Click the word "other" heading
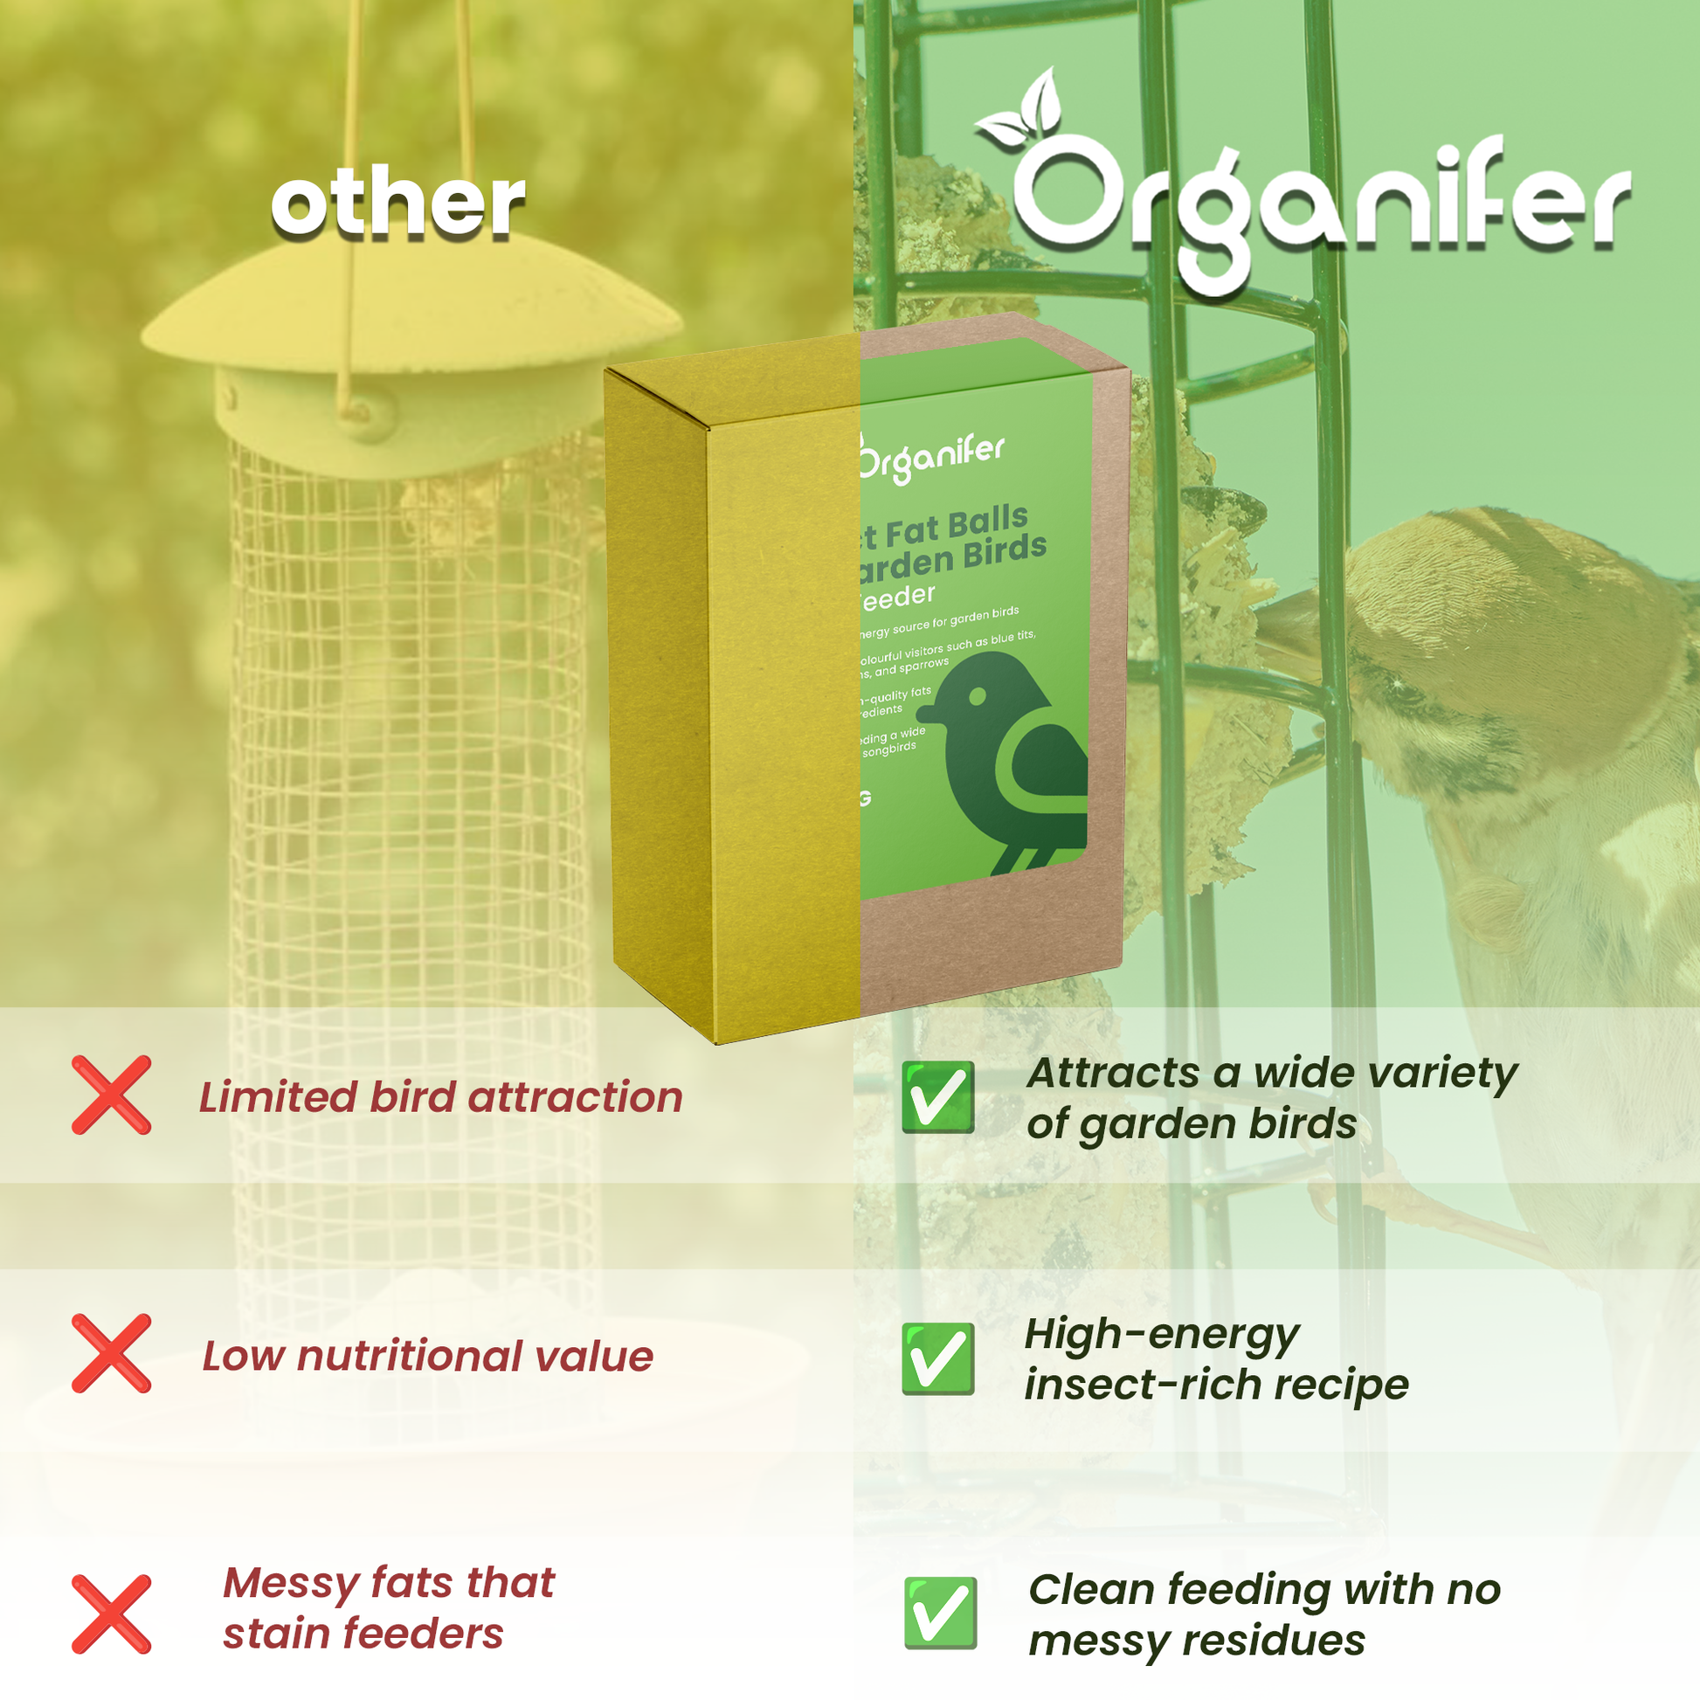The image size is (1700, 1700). (x=397, y=204)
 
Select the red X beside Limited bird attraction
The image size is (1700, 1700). (x=112, y=1095)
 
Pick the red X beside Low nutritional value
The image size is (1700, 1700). (x=112, y=1354)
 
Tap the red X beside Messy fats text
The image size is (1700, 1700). (x=112, y=1614)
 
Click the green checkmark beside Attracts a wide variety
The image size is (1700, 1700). (x=938, y=1096)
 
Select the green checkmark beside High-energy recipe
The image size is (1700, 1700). (x=938, y=1358)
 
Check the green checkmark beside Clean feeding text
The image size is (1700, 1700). (x=940, y=1613)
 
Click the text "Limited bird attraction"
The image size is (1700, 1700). (x=440, y=1097)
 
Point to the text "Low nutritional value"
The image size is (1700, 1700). (x=428, y=1356)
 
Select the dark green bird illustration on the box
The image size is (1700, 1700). (x=1012, y=765)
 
